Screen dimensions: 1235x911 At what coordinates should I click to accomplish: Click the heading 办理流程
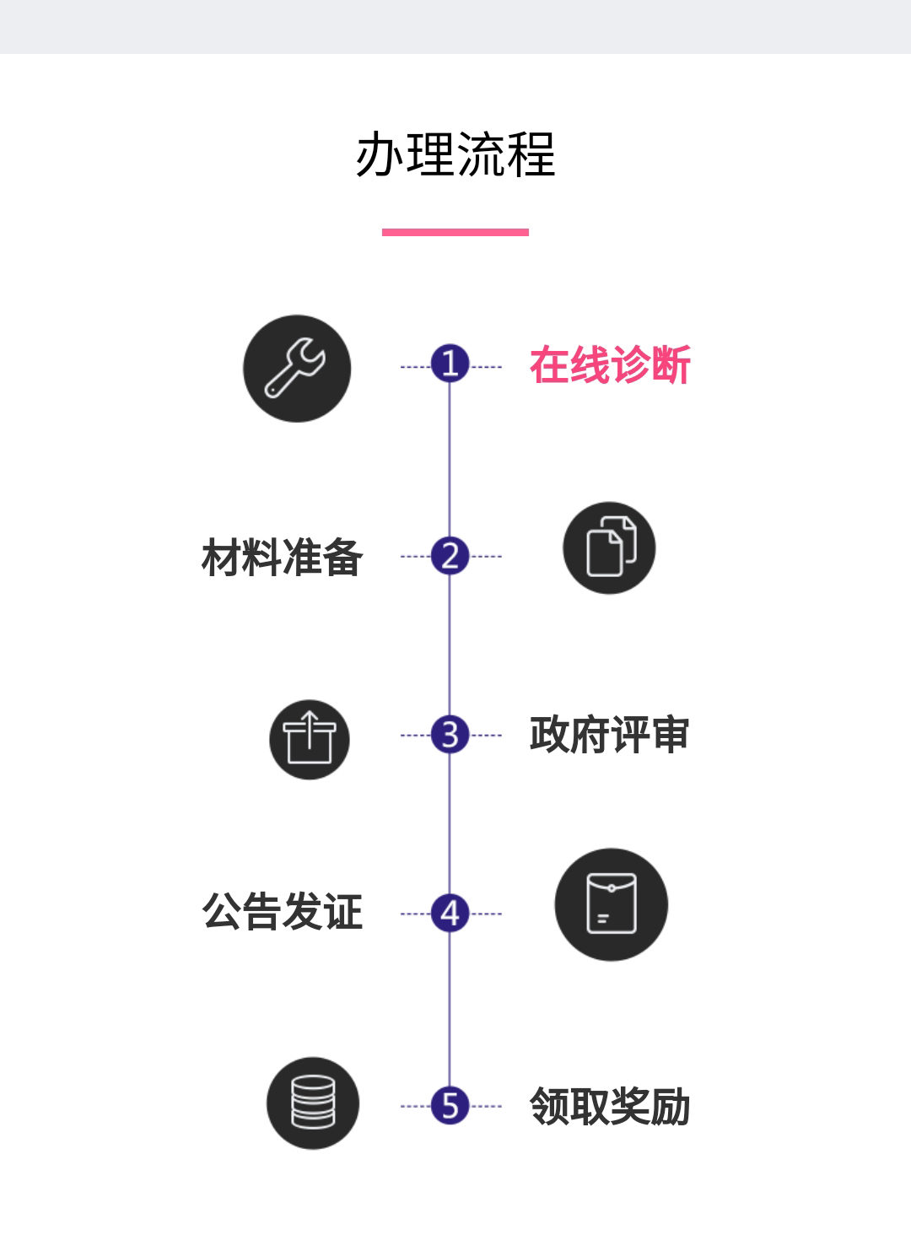(x=455, y=154)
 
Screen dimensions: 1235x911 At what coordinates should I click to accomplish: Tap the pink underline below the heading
(x=455, y=232)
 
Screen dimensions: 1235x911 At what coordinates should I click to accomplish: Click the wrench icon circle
(x=297, y=369)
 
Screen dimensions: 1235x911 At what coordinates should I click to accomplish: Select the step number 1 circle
(x=450, y=364)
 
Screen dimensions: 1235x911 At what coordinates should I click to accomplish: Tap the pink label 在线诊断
(x=610, y=365)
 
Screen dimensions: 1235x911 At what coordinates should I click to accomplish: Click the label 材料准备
(x=283, y=558)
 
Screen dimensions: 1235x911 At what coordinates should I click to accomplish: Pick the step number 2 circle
(x=450, y=556)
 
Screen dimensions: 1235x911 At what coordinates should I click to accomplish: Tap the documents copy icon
(x=609, y=548)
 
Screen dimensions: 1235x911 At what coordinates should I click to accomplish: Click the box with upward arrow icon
(x=310, y=739)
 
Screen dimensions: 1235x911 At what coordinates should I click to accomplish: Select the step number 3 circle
(x=450, y=734)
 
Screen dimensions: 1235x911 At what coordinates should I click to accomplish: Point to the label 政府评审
(x=609, y=735)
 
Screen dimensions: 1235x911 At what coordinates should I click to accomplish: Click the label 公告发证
(x=283, y=912)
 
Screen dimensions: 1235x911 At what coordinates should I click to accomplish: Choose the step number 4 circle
(x=450, y=913)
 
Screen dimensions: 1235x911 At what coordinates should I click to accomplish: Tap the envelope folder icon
(x=612, y=904)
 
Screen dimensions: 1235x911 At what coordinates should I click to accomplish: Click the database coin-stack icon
(x=313, y=1103)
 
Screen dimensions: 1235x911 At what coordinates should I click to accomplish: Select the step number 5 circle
(x=450, y=1105)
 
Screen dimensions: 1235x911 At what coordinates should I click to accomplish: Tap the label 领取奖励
(x=610, y=1106)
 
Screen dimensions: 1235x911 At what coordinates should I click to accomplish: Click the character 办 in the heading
(x=379, y=154)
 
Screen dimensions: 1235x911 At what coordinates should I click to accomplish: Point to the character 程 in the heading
(x=531, y=154)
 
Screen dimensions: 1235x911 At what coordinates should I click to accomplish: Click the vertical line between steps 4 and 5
(x=450, y=1008)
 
